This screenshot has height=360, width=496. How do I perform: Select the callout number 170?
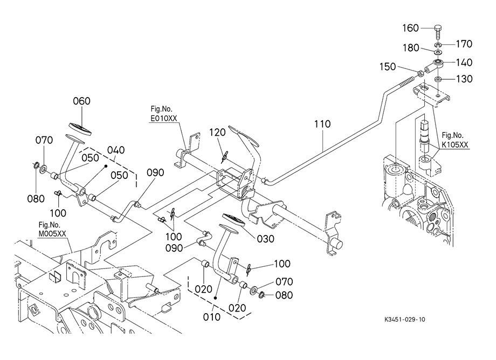[x=465, y=43]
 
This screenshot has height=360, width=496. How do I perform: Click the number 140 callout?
[x=465, y=62]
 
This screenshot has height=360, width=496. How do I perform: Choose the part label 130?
[x=465, y=79]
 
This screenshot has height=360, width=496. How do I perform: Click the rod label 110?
[x=322, y=124]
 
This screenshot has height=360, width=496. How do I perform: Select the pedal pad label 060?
[x=81, y=101]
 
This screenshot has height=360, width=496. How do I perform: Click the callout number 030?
[x=265, y=238]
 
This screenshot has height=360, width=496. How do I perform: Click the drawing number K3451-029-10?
[x=402, y=319]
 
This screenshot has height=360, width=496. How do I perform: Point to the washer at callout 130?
[x=439, y=80]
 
